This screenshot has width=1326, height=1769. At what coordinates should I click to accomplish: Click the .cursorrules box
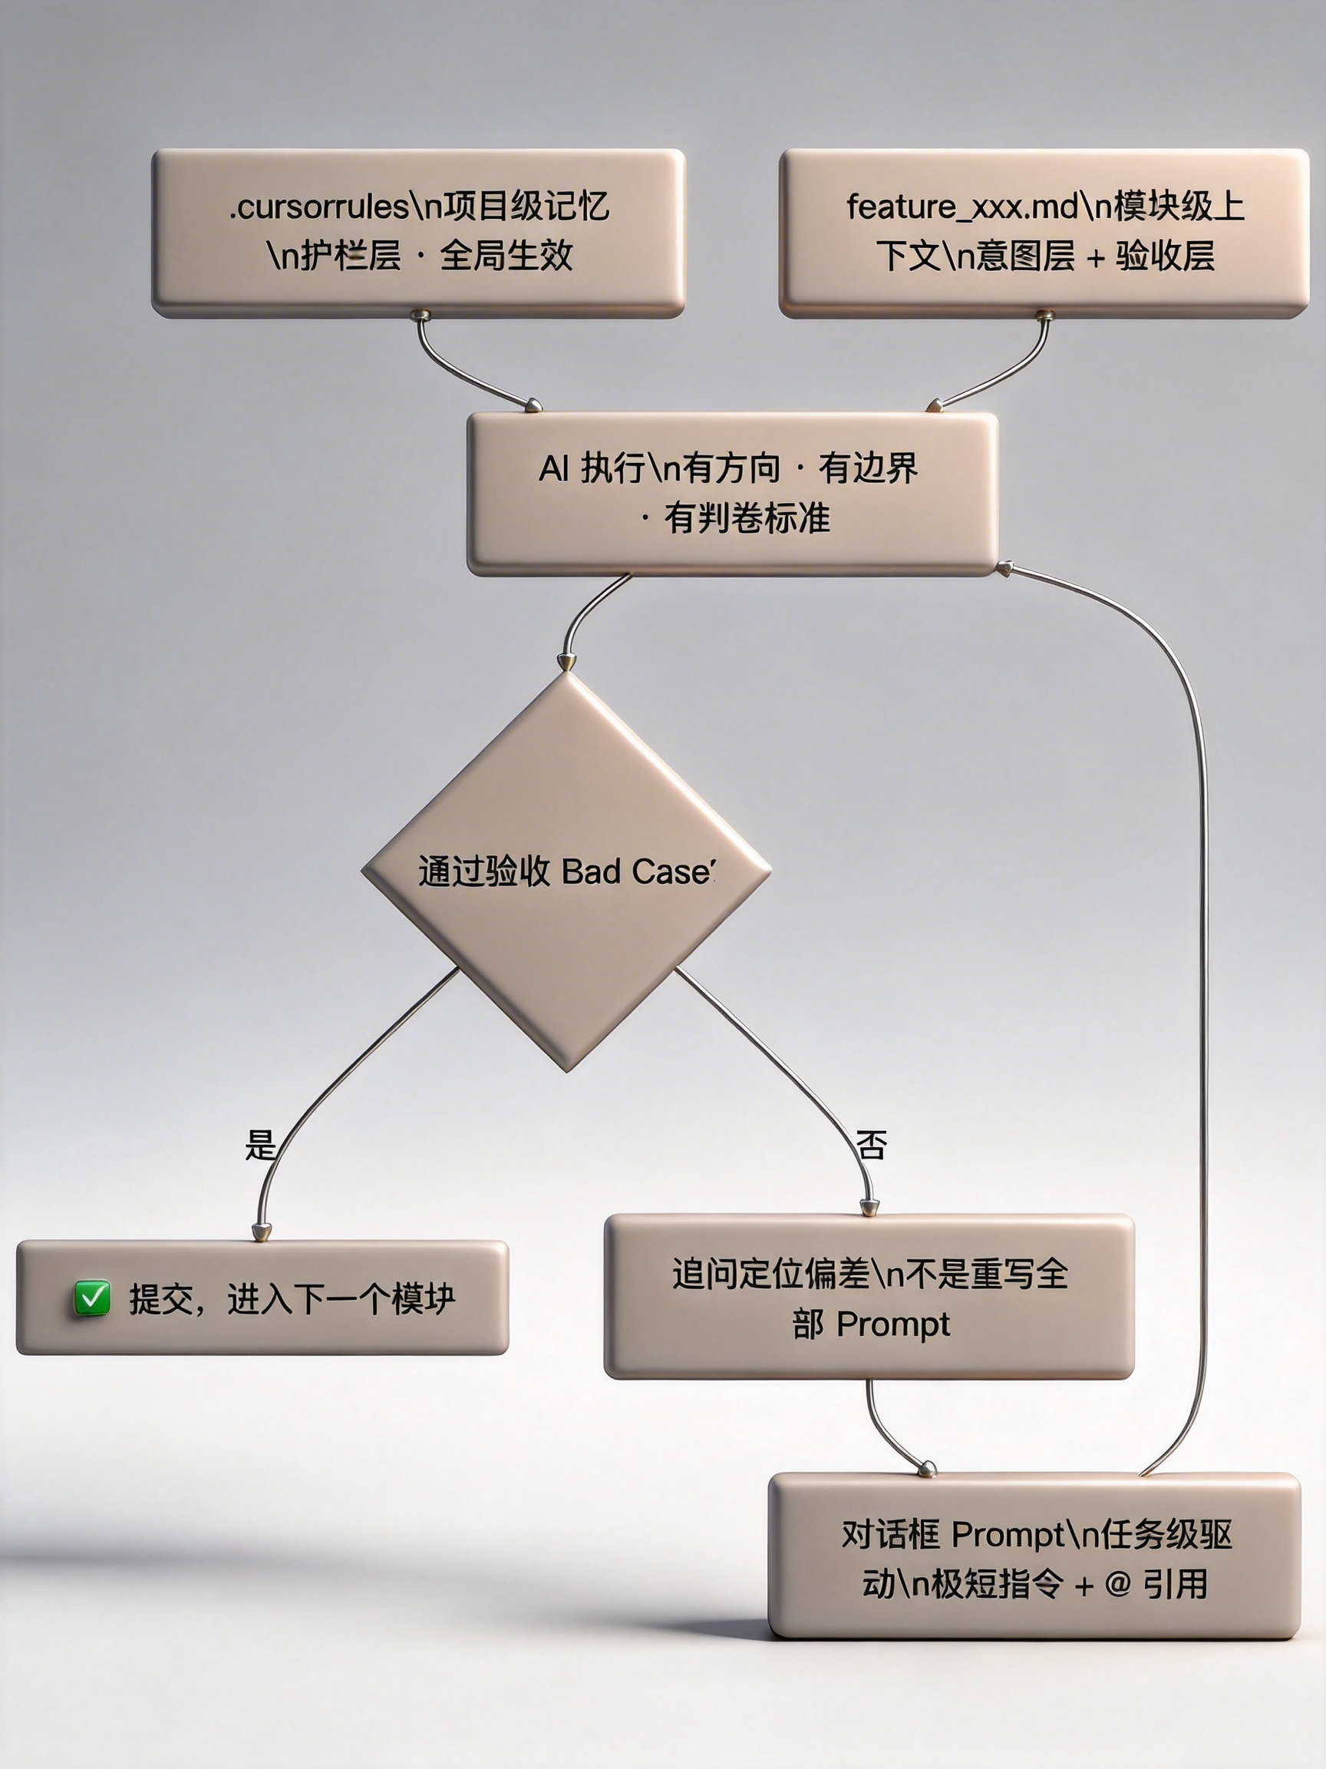pyautogui.click(x=418, y=233)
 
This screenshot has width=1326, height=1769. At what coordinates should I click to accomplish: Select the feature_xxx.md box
pyautogui.click(x=1043, y=233)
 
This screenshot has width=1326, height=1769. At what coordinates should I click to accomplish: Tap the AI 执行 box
pyautogui.click(x=732, y=494)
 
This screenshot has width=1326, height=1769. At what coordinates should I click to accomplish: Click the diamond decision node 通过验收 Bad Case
pyautogui.click(x=566, y=871)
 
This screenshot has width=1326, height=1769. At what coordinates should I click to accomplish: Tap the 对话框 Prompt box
pyautogui.click(x=1034, y=1558)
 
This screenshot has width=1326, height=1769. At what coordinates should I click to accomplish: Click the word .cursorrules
pyautogui.click(x=320, y=207)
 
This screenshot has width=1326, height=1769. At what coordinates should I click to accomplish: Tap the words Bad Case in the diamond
pyautogui.click(x=636, y=871)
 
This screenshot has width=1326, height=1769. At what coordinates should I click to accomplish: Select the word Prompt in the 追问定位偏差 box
pyautogui.click(x=892, y=1325)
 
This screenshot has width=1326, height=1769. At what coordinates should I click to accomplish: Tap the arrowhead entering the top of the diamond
pyautogui.click(x=566, y=661)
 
